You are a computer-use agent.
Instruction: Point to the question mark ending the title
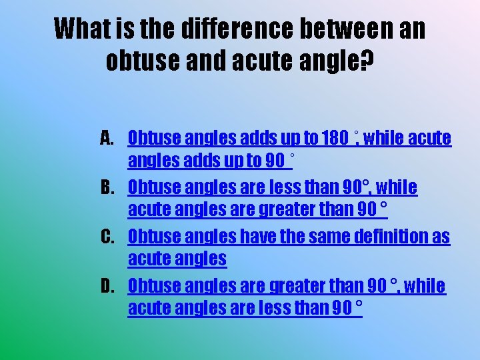[x=367, y=61]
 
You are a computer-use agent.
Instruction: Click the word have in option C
[x=251, y=237]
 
